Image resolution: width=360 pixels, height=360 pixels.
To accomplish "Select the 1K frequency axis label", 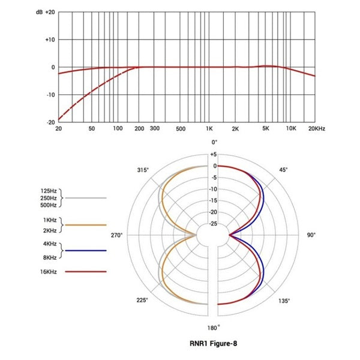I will pos(209,129).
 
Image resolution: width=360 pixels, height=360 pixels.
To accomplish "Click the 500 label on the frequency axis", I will pos(181,129).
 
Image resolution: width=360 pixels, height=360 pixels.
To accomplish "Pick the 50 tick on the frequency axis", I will pos(92,129).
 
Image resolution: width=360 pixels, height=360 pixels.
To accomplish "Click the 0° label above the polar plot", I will pos(214,142).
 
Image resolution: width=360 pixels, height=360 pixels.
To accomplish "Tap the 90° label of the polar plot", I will pos(311,235).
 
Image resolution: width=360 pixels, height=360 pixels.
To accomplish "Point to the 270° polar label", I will pos(116,235).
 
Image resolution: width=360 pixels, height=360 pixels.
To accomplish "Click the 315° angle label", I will pos(142,170).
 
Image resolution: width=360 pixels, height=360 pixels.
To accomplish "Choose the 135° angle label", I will pos(284,301).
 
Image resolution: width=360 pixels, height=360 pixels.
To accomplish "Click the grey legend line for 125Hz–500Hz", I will pos(86,197).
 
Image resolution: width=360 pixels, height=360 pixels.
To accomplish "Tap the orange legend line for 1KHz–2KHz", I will pos(86,224).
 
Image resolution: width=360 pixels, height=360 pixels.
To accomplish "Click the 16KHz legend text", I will pos(50,272).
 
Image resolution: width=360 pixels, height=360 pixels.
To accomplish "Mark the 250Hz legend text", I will pos(49,197).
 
